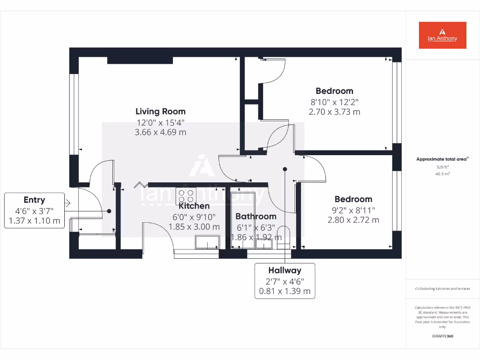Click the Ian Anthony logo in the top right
[x=442, y=35]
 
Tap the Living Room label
[x=160, y=112]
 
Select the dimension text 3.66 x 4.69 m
[x=160, y=132]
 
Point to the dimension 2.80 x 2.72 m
[x=353, y=220]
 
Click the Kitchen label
[x=194, y=206]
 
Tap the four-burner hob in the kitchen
[x=186, y=195]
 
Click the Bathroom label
[x=256, y=217]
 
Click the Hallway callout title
[x=285, y=270]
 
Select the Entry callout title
[x=34, y=200]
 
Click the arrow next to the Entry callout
[x=67, y=203]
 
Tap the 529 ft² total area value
[x=442, y=167]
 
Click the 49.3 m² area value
[x=442, y=173]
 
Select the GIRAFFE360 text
[x=442, y=336]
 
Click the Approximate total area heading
[x=442, y=159]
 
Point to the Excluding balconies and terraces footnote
[x=442, y=289]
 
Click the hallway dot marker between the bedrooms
[x=285, y=169]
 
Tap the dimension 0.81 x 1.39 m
[x=285, y=291]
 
